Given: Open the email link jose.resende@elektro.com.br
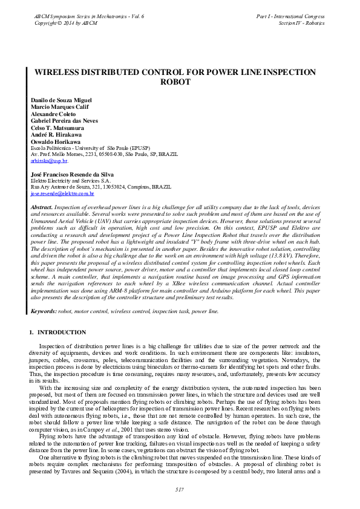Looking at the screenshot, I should [x=62, y=193].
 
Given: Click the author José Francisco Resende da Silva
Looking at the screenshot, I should [x=71, y=174].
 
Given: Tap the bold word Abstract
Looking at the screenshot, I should [x=41, y=207].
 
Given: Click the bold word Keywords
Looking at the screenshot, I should [x=44, y=311].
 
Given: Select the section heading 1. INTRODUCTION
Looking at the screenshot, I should [x=57, y=332].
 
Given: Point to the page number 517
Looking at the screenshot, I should [x=179, y=488].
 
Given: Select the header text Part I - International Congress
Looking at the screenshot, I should [x=291, y=16].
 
